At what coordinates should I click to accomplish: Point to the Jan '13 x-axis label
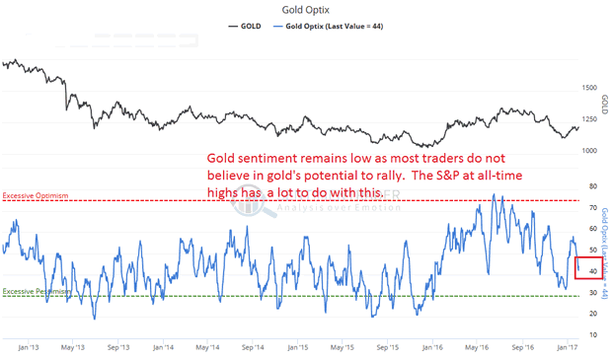28,347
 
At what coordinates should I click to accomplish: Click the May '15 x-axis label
342,347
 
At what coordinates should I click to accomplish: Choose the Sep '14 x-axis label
252,347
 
